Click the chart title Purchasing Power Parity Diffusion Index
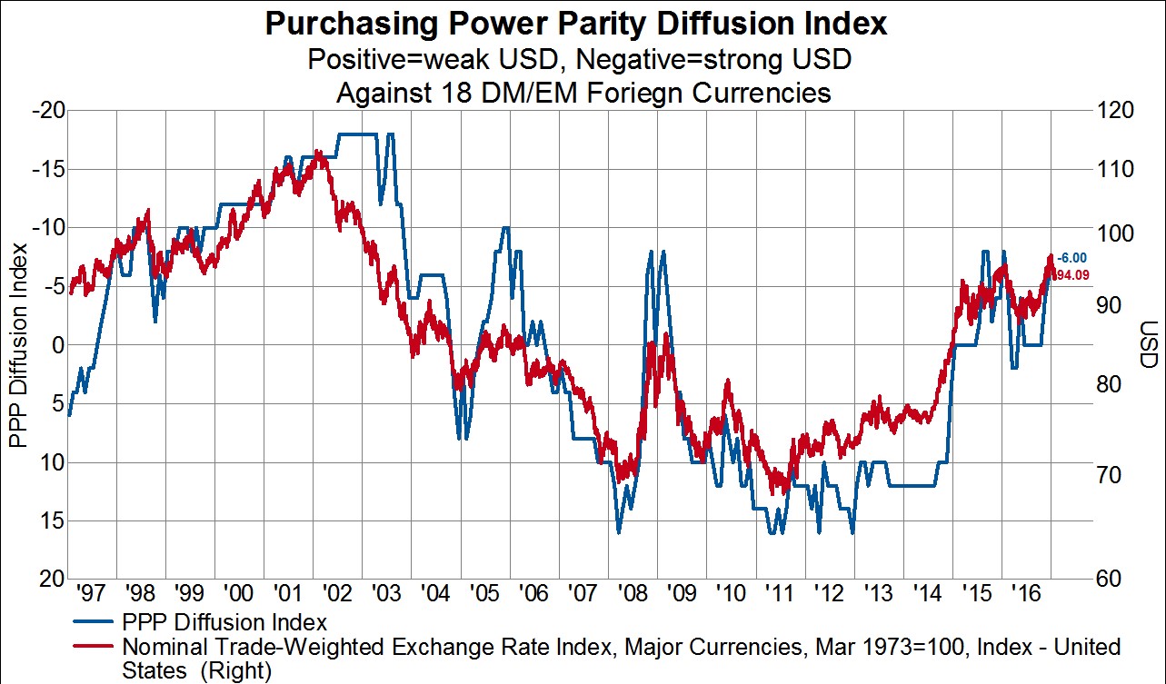[x=575, y=24]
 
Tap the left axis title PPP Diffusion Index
[x=16, y=345]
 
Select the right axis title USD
[x=1148, y=345]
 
